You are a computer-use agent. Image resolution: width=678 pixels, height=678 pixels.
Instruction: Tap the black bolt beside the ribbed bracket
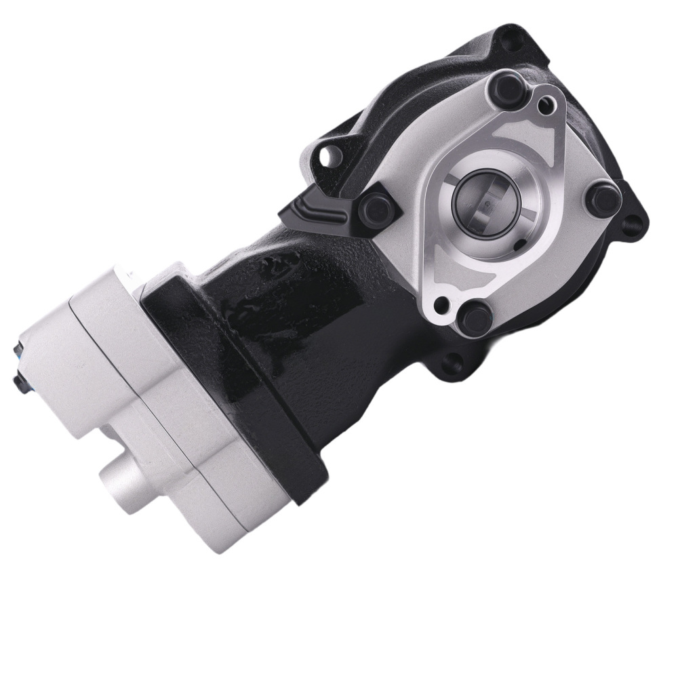click(x=374, y=204)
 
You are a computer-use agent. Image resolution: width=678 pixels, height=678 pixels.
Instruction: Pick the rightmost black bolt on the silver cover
click(x=601, y=198)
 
